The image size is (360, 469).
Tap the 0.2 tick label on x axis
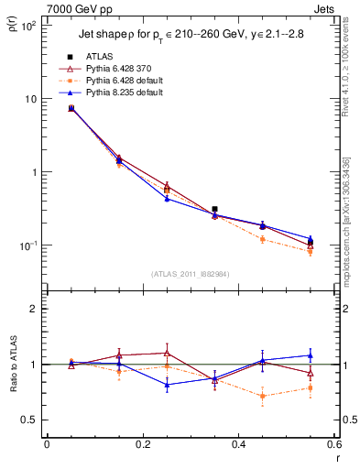[x=142, y=445]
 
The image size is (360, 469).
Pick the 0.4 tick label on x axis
[x=238, y=445]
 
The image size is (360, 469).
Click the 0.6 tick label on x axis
[x=334, y=445]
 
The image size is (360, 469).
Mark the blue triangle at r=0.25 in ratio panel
[x=167, y=385]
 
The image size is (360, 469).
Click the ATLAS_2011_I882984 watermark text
[x=191, y=273]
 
